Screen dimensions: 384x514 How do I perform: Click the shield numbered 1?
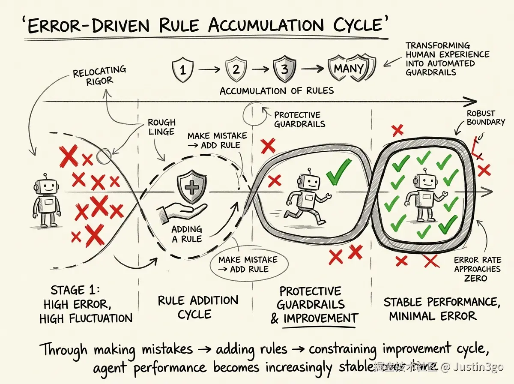(182, 70)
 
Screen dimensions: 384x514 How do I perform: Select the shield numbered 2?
(235, 69)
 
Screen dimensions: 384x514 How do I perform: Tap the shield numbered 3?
(284, 69)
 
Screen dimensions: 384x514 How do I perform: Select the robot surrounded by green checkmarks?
(422, 198)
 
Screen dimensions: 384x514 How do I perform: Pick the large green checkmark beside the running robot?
(338, 172)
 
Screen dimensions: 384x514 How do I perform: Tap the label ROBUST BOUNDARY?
(486, 118)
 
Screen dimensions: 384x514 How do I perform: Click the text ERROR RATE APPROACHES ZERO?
(477, 269)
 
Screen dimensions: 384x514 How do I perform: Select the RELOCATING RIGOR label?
(99, 75)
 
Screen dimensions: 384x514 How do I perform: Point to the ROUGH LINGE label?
(161, 127)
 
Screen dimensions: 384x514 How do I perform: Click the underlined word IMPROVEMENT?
(320, 318)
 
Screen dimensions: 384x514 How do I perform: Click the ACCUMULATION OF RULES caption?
(276, 91)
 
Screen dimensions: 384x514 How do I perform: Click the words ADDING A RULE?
(187, 234)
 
